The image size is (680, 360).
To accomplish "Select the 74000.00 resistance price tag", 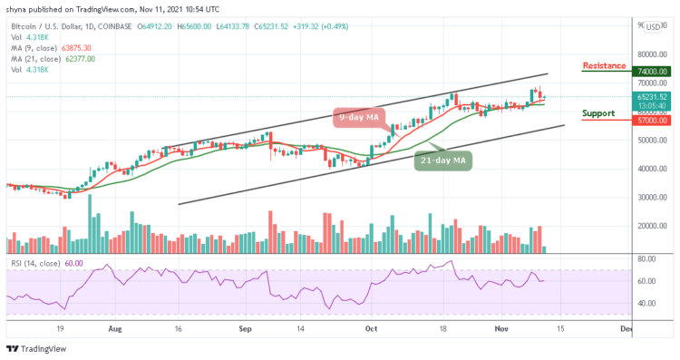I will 652,72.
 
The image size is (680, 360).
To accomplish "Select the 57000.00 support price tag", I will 652,119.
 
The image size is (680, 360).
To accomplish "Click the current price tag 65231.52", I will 652,96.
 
